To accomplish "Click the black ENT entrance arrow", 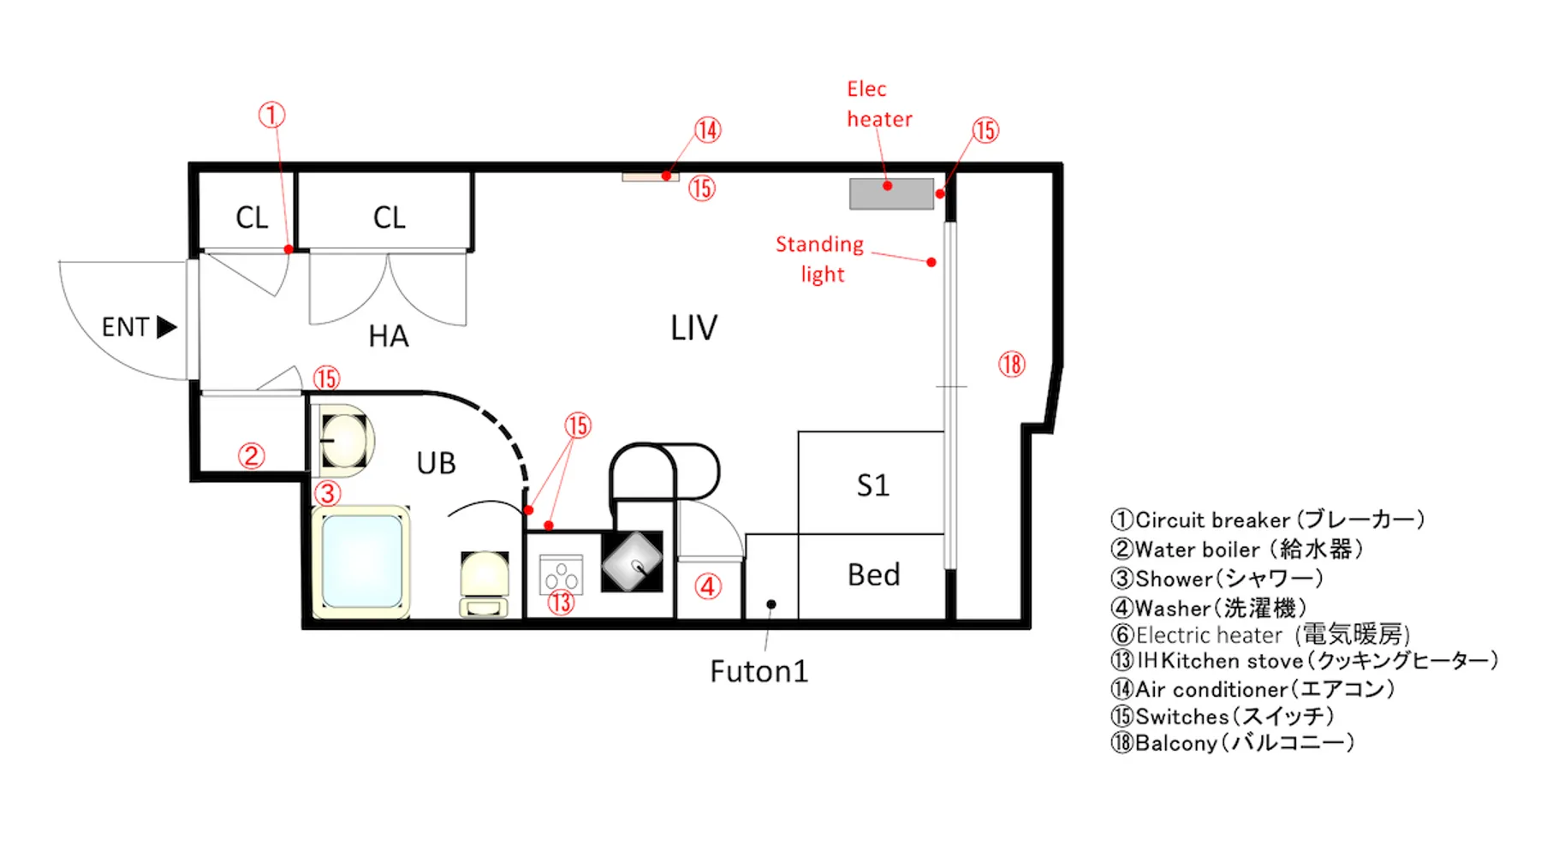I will click(167, 327).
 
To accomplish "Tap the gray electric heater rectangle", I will click(891, 193).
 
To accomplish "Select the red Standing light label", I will click(820, 259).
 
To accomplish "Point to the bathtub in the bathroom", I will click(361, 562).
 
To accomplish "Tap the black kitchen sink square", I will click(632, 562).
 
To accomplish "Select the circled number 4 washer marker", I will click(708, 587).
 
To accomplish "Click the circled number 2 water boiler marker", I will click(251, 455).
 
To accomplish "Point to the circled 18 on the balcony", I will click(1011, 365).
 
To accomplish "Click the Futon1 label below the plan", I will click(759, 672).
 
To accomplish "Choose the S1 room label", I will click(872, 486).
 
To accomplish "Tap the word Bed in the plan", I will click(873, 575).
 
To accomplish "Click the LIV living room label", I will click(693, 328).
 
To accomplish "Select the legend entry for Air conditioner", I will click(1252, 689).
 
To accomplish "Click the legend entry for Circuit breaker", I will click(1267, 520).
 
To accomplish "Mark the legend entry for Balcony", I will click(1233, 743).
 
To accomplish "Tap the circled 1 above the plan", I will click(271, 115).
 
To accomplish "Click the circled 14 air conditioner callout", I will click(707, 130).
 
